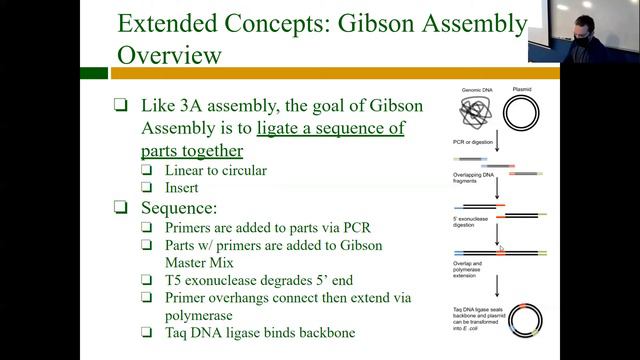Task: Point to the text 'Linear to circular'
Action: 216,170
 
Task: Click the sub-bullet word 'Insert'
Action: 184,187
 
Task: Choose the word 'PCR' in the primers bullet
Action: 350,227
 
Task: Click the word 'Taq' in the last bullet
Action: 178,332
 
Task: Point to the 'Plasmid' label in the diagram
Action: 522,88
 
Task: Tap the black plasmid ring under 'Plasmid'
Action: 522,113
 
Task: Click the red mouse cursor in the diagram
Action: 502,252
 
